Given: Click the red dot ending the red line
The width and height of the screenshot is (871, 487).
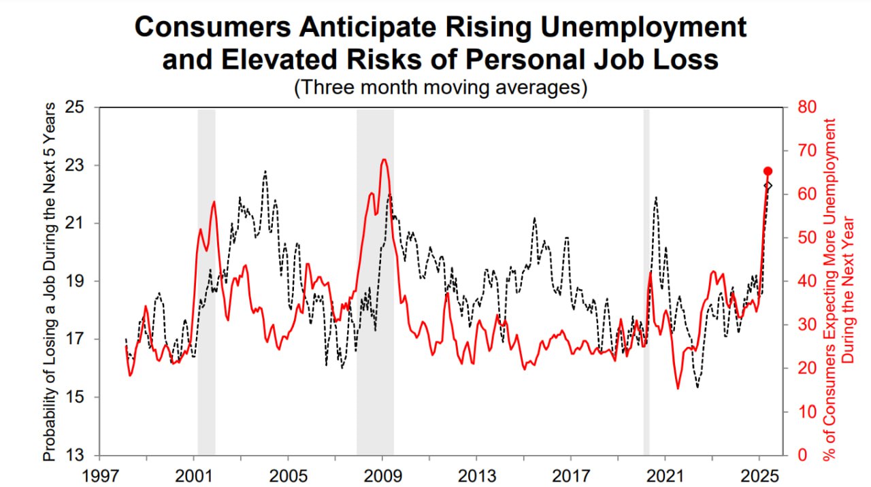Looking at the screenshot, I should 768,171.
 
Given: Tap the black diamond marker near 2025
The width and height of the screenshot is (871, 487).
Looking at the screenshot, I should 768,186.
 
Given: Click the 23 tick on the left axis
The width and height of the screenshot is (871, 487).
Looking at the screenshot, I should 82,165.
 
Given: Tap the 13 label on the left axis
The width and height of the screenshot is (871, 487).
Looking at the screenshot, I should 82,455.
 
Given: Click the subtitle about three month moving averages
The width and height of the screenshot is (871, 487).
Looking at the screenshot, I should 440,88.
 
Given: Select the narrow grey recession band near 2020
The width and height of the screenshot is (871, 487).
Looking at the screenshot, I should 646,282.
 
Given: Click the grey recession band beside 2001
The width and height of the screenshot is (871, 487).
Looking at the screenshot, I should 206,282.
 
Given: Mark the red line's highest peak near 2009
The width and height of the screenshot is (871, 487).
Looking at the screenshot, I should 384,160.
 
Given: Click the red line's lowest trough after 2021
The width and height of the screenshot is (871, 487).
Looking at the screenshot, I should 678,388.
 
